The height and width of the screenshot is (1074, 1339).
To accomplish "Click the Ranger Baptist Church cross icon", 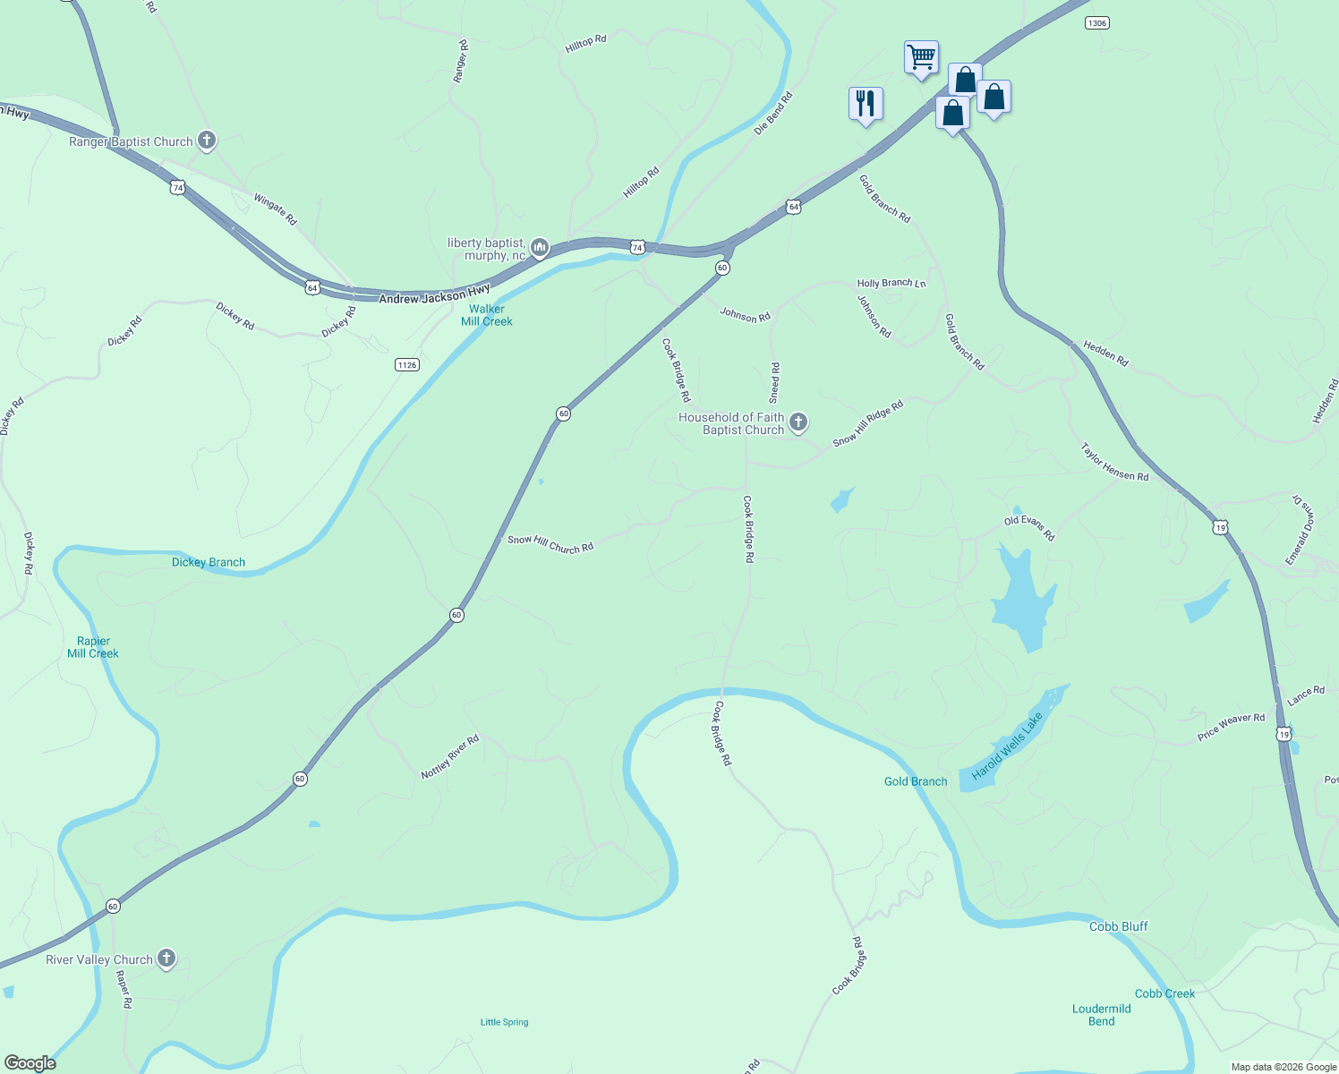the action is pos(207,141).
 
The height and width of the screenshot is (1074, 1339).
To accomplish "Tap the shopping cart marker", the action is pos(921,57).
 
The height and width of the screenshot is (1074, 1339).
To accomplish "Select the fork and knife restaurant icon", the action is pos(866,103).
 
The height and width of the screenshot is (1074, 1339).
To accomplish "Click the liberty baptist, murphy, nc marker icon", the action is pos(540,247).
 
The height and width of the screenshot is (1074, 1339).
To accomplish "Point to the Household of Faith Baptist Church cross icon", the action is pos(798,422).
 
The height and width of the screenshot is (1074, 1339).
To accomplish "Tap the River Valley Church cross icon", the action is pos(166,959).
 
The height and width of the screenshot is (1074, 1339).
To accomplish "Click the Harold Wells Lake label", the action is pos(1008,746).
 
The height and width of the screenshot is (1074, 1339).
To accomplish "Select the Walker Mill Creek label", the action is pos(487,315).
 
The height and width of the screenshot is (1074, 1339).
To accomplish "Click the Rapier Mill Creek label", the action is pos(93,647).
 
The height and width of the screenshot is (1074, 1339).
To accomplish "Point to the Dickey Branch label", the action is pos(209,562).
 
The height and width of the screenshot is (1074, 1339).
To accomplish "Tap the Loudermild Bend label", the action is pos(1102,1015).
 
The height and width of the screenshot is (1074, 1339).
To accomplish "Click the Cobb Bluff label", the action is pos(1118,926).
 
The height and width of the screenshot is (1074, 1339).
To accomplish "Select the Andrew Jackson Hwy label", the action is pos(434,294).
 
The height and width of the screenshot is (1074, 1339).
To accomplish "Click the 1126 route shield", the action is pos(407,364).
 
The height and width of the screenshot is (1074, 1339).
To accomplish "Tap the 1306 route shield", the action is pos(1096,22).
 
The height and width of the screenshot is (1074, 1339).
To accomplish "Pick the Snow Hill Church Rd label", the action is pos(550,543).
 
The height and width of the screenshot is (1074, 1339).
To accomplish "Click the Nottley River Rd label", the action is pos(450,756).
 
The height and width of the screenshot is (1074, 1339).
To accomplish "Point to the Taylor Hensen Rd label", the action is pos(1114,463).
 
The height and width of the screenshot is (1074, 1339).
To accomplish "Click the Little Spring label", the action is pos(505,1022).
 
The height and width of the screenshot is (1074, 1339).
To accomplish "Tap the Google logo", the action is pos(30,1063).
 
